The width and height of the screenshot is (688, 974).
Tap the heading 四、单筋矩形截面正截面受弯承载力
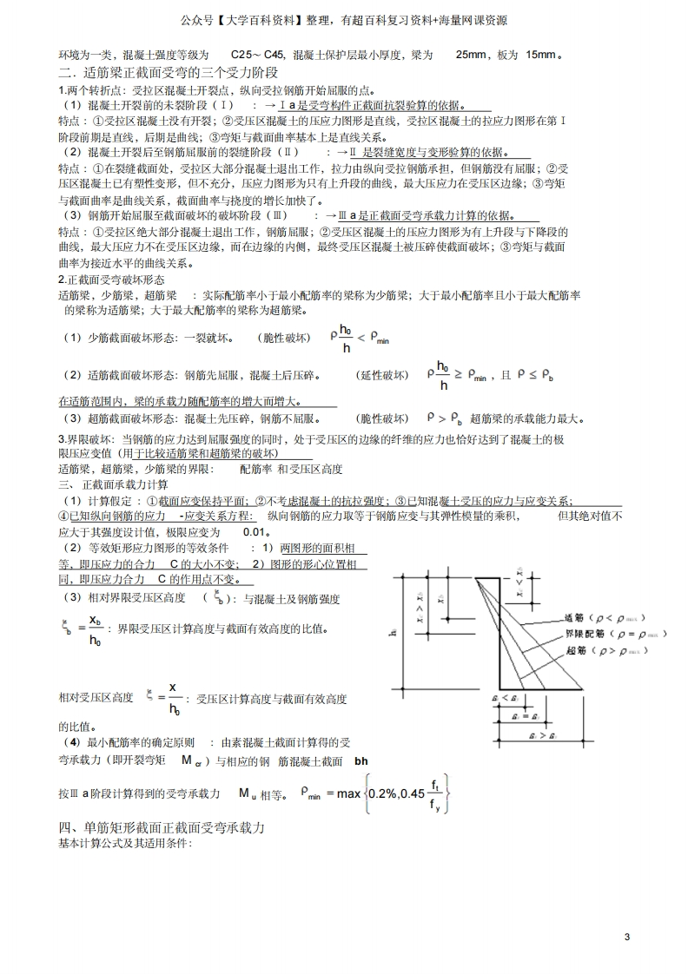162,828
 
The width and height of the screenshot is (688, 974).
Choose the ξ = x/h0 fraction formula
164,696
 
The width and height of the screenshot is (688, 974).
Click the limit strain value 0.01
255,531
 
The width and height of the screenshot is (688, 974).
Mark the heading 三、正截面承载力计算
114,484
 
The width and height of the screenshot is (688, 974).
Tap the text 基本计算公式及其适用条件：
125,844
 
